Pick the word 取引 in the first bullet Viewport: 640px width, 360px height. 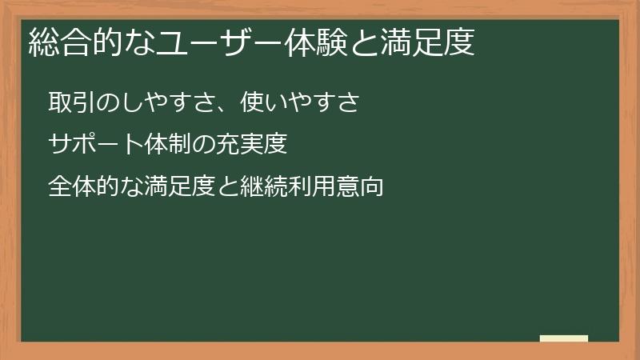pos(70,103)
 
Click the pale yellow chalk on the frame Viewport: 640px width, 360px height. pos(563,338)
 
